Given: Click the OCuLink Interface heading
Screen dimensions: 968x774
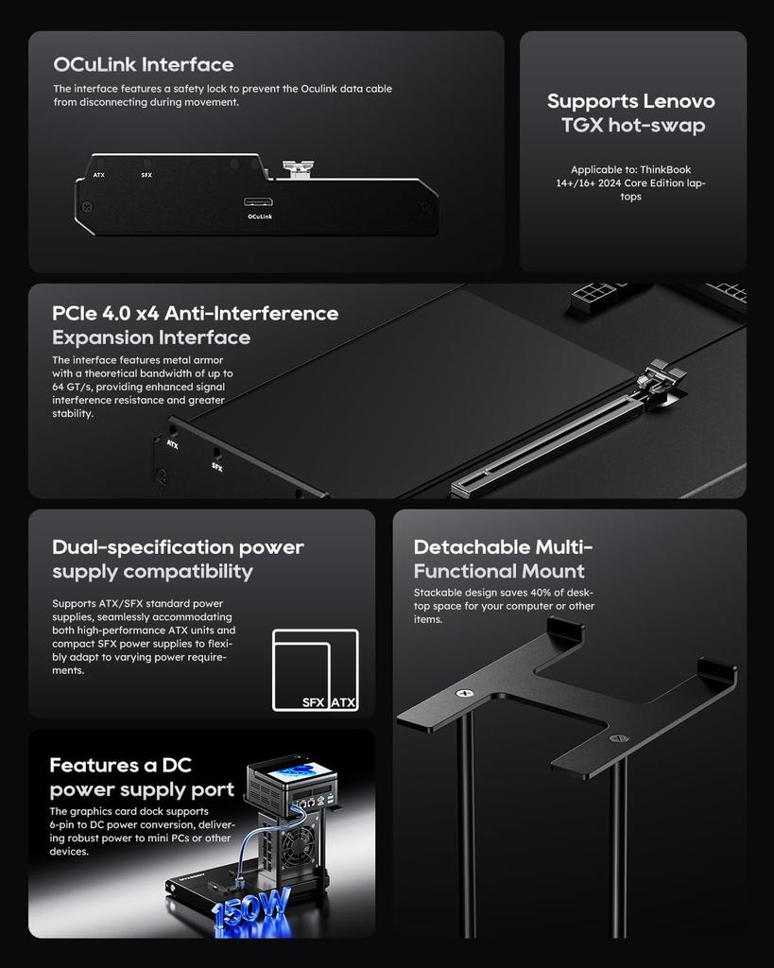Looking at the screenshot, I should point(143,65).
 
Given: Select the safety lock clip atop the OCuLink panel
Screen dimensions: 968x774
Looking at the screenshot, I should point(300,170).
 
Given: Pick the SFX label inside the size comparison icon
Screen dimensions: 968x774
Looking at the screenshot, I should point(314,702).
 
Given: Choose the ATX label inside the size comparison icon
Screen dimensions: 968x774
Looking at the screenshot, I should point(343,702).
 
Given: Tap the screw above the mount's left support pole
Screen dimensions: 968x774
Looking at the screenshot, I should point(463,694).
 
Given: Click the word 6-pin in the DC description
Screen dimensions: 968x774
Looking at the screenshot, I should point(67,824).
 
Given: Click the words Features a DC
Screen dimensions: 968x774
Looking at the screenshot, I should point(120,765).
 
